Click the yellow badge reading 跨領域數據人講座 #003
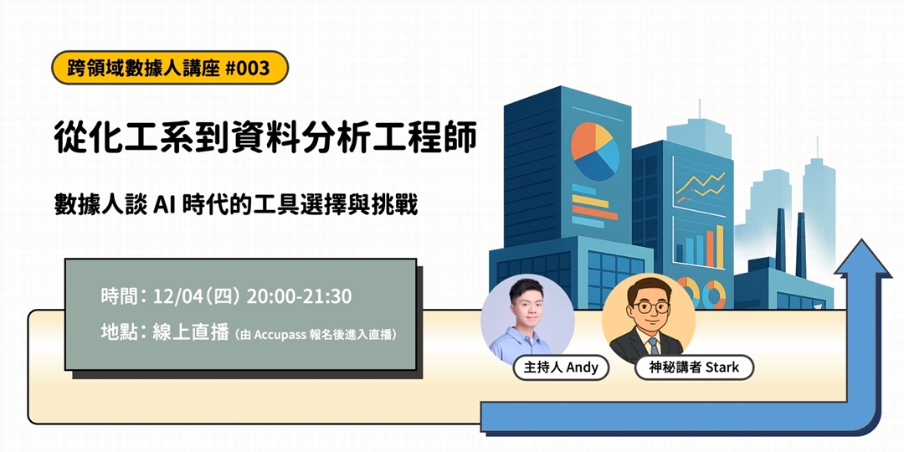169,68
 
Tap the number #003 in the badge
248,68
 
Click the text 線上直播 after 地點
191,332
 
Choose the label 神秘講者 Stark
688,367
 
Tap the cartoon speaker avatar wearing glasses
649,321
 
